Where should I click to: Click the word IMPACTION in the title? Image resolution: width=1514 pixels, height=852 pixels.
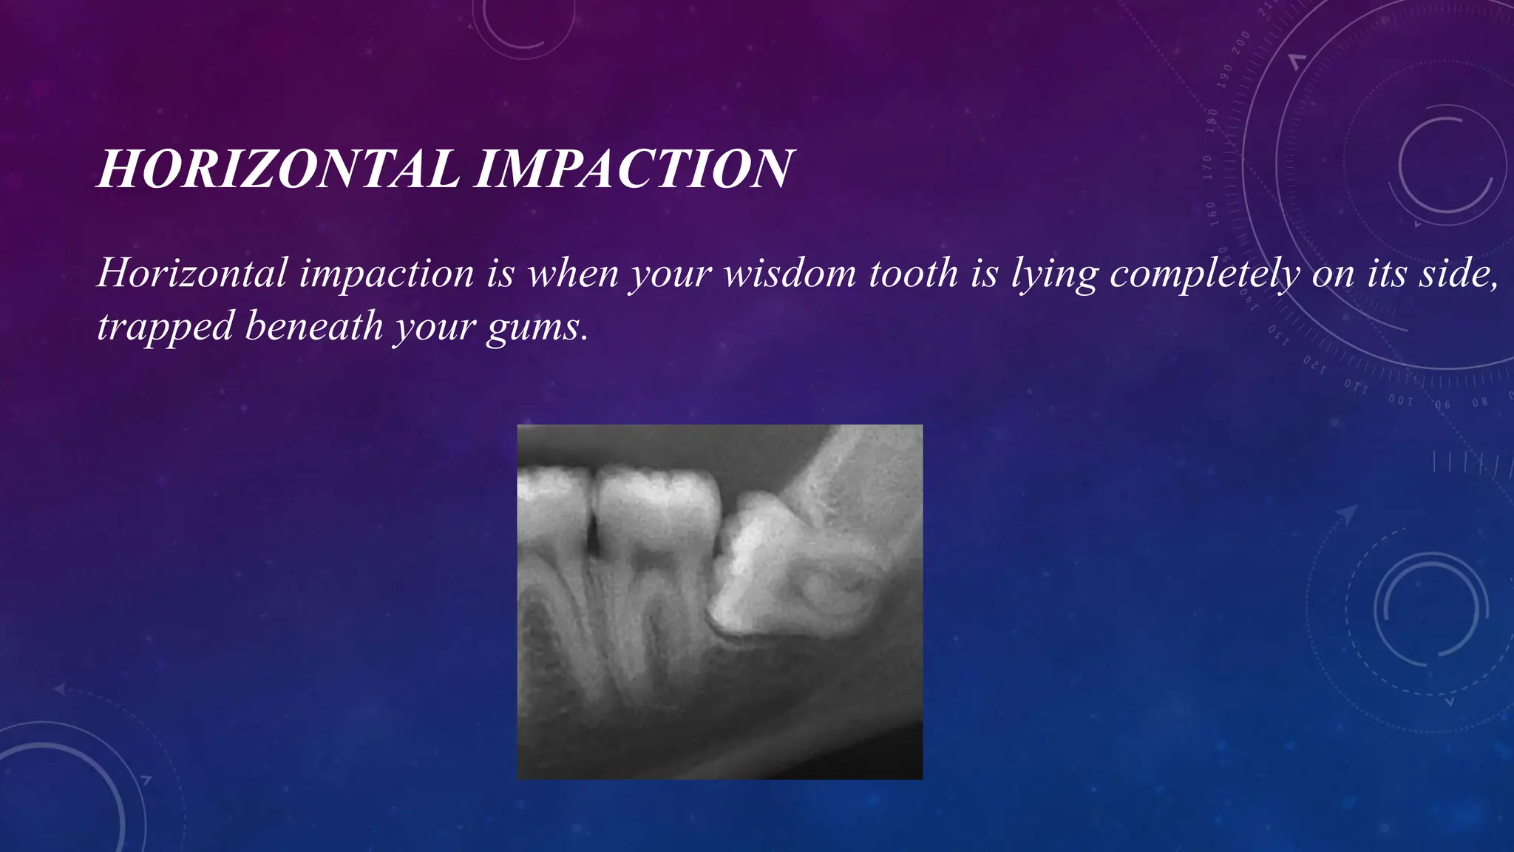(634, 169)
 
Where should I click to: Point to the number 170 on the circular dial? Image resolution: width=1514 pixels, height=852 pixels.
(1208, 167)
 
